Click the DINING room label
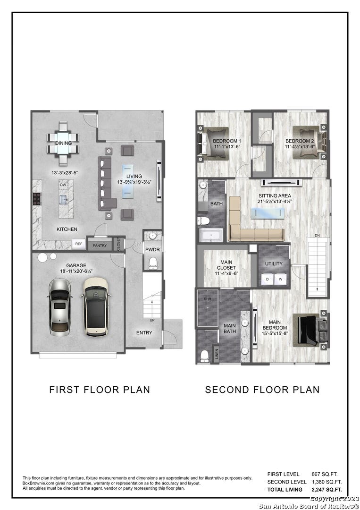click(63, 143)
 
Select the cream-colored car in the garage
click(95, 306)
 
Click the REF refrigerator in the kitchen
click(79, 244)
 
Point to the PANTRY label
click(100, 246)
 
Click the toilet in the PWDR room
click(152, 263)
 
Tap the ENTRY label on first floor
click(144, 333)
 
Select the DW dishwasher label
click(63, 185)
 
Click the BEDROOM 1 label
click(227, 141)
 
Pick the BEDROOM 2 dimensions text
click(300, 147)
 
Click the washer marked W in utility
click(280, 279)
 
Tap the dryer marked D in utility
click(268, 279)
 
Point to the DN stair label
click(317, 235)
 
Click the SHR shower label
click(207, 299)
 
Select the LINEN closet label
click(217, 354)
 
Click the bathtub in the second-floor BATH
click(211, 235)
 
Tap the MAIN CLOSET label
click(226, 265)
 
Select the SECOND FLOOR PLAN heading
click(262, 390)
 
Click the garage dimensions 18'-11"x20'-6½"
click(76, 271)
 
